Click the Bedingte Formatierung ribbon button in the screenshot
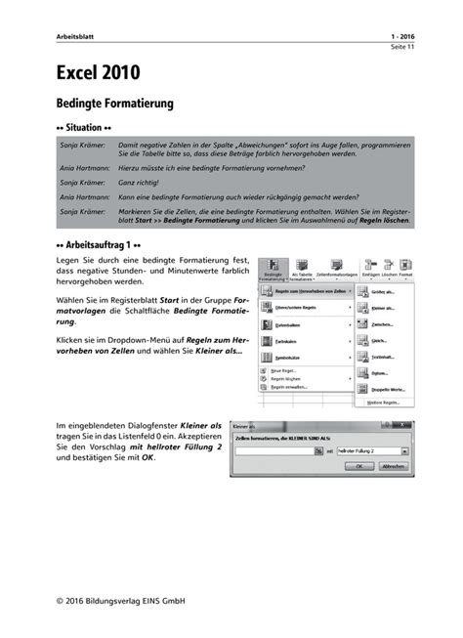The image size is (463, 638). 274,275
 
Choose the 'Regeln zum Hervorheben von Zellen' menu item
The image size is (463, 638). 308,291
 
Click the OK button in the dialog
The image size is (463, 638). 359,466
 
